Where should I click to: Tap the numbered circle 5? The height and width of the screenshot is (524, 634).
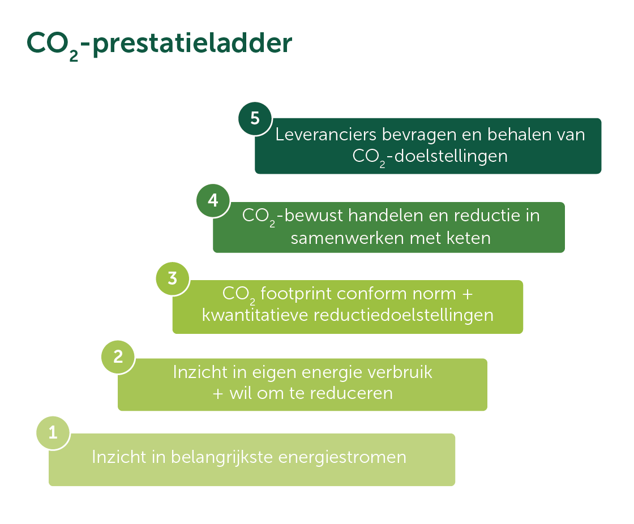pos(255,118)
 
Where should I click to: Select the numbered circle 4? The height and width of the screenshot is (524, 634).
pos(213,200)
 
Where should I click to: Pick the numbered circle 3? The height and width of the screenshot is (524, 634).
pos(173,278)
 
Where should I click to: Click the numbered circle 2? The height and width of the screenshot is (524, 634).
pos(118,356)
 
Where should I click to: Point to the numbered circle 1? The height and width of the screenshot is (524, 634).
pos(53,433)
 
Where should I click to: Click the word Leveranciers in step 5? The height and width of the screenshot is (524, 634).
pos(326,135)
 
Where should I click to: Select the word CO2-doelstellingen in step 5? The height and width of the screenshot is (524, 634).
pos(430,157)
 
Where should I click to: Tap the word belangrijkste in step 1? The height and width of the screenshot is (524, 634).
pos(222,458)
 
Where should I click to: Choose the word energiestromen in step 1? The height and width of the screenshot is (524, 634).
pos(342,458)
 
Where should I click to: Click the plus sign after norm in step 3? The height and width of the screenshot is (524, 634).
pos(468,294)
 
